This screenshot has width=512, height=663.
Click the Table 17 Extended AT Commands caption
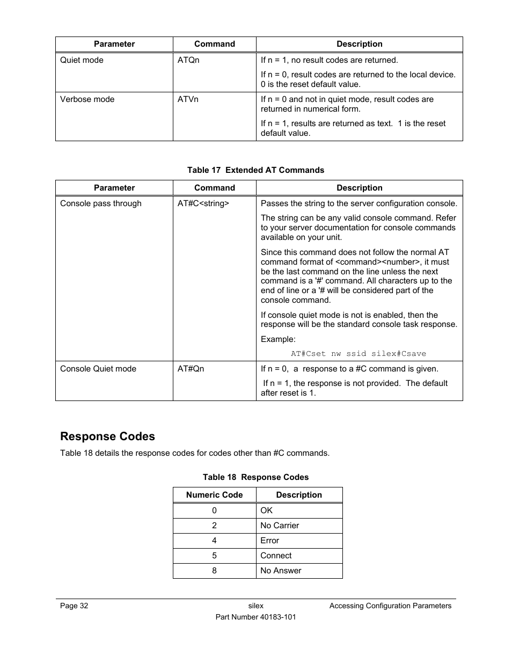[x=255, y=170]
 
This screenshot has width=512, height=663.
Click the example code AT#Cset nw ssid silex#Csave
[x=358, y=354]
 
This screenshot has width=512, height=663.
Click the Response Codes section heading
[x=107, y=436]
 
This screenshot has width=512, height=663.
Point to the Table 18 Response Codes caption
[x=255, y=477]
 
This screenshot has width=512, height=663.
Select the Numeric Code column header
[x=214, y=495]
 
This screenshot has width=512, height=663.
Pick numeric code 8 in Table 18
[x=214, y=571]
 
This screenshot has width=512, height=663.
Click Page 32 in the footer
[x=74, y=606]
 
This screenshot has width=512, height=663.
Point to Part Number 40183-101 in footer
[x=255, y=617]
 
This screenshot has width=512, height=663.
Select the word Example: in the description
[x=278, y=339]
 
